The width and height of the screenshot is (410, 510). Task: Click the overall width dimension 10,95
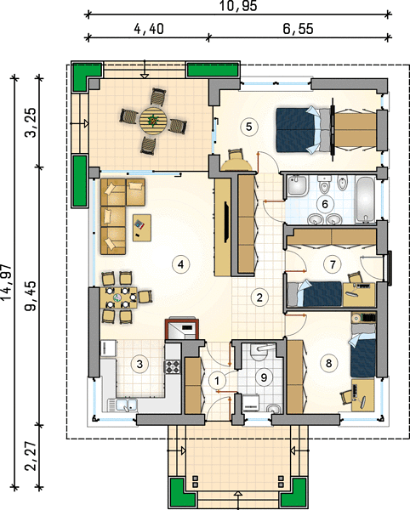point(238,6)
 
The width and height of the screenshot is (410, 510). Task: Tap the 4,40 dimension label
point(148,29)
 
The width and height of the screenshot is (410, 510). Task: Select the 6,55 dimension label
point(298,29)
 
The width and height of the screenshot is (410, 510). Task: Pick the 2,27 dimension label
point(31,456)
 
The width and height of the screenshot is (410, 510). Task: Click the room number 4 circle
point(181,264)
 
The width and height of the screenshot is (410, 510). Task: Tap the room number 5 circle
point(249,127)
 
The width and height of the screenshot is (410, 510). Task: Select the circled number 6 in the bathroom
point(324,204)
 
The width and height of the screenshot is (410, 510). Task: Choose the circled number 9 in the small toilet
point(264,377)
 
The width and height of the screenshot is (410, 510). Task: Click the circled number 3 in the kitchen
point(140,364)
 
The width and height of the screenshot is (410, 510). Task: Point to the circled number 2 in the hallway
point(259,297)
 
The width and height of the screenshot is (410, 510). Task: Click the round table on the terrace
point(153,121)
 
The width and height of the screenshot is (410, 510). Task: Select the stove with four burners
point(173,366)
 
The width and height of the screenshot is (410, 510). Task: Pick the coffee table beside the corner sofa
point(142,228)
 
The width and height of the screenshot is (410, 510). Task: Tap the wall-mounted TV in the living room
point(226,222)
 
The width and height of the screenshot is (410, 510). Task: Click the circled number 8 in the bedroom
point(328,363)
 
